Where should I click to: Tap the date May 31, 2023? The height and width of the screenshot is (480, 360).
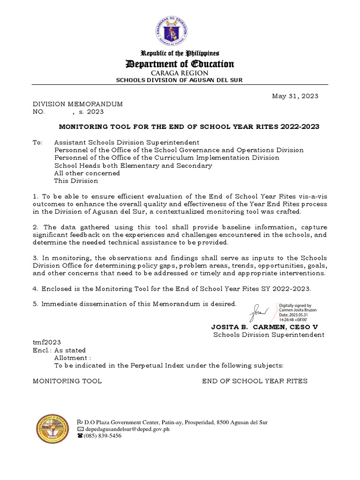coord(295,96)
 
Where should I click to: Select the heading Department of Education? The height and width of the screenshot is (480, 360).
coord(180,64)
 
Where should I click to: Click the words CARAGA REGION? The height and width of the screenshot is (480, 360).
coord(180,74)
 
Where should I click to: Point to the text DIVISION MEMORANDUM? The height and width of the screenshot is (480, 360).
coord(77,104)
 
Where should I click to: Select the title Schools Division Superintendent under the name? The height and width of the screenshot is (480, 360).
coord(269,335)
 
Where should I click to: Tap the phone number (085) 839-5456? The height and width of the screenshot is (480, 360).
coord(102,435)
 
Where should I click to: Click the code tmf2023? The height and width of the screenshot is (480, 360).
coord(46,343)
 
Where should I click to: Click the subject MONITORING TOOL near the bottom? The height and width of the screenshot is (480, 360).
coord(67,381)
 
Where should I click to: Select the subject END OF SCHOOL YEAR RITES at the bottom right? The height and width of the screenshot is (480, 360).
coord(255,381)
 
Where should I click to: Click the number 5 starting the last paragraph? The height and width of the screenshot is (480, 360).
coord(35,304)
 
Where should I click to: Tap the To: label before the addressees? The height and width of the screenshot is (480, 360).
coord(37,142)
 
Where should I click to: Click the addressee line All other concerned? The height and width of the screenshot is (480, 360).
coord(87,173)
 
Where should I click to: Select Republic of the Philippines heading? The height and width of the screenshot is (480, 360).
coord(180,53)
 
